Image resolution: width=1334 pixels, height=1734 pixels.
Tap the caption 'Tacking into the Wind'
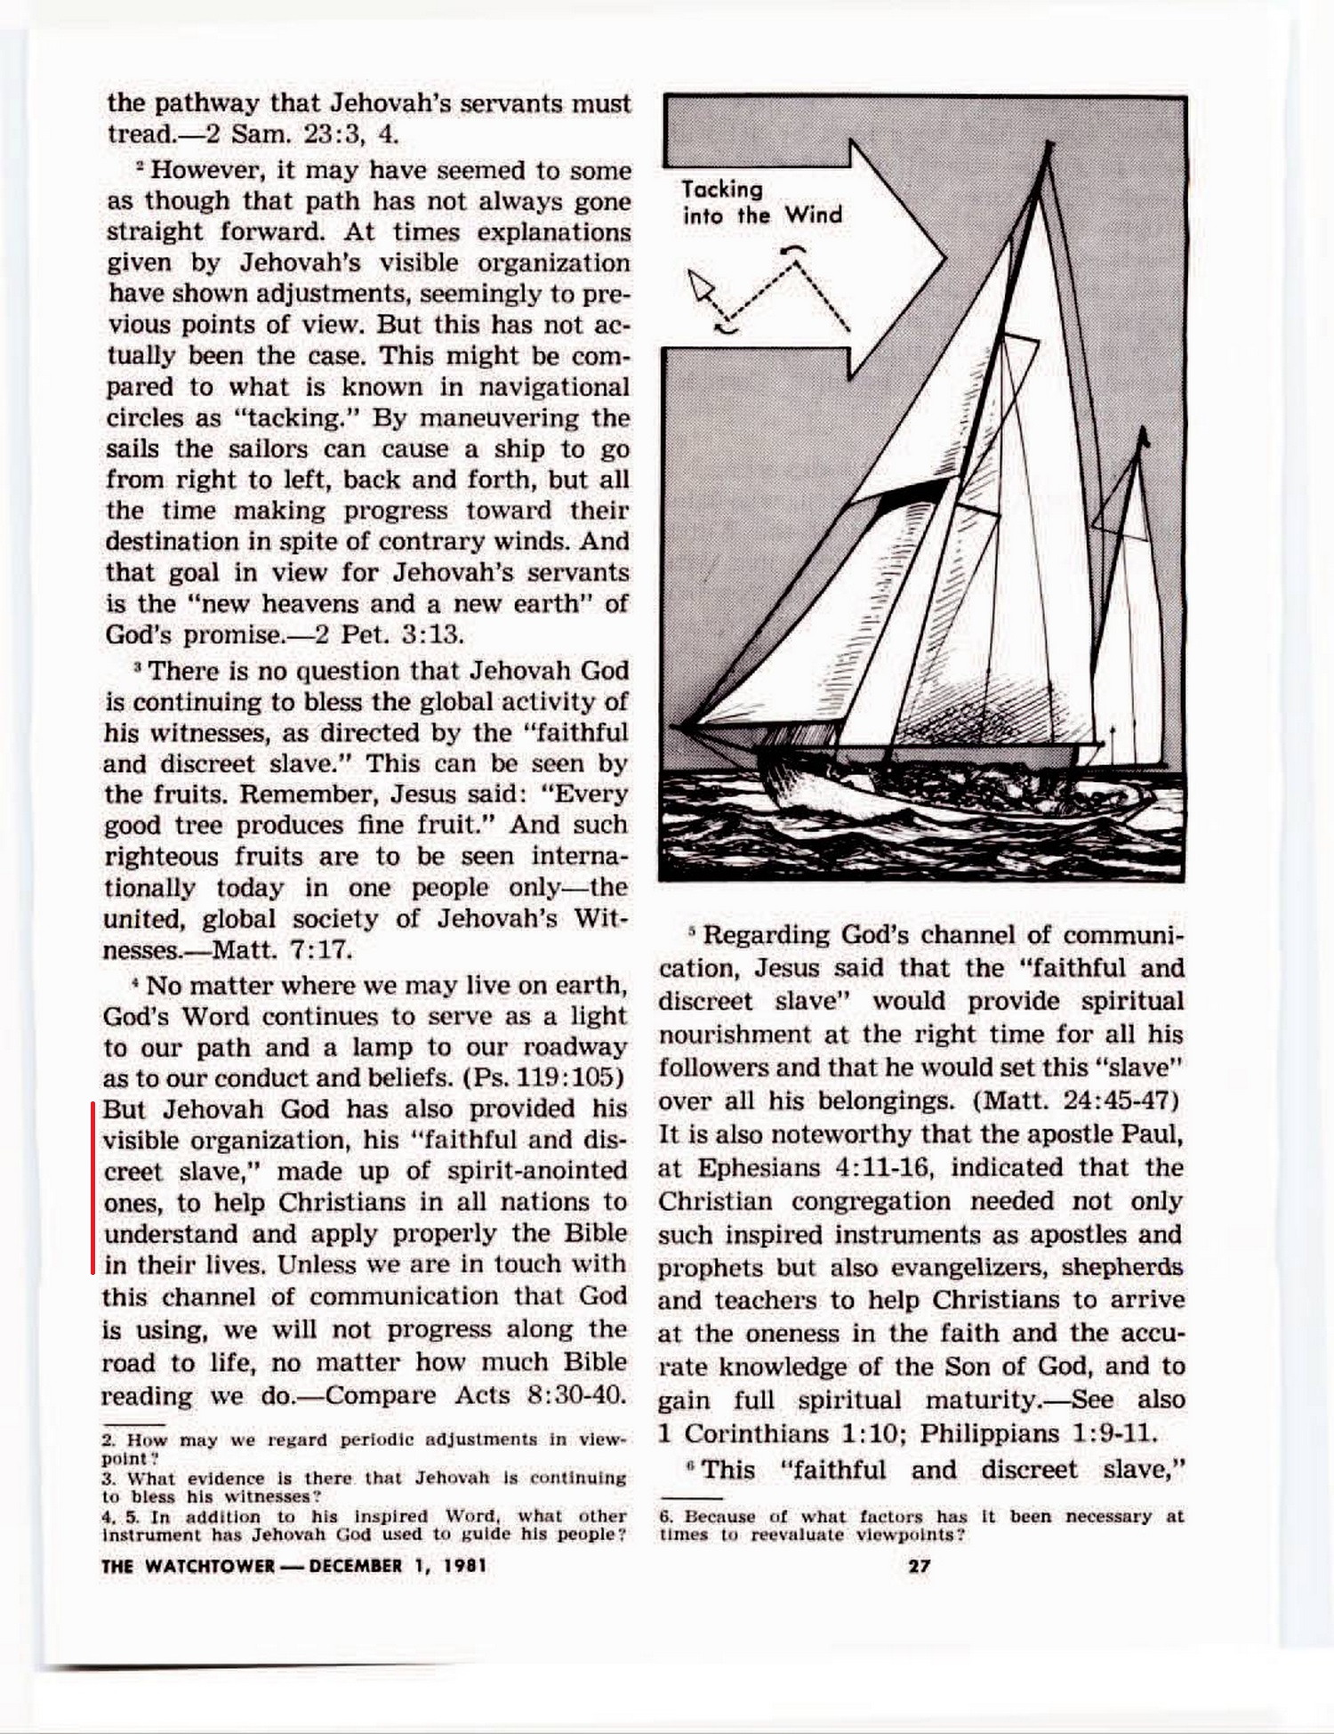tap(761, 203)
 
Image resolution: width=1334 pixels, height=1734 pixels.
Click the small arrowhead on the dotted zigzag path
tap(703, 285)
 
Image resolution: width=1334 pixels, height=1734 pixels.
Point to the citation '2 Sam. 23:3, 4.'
tap(302, 134)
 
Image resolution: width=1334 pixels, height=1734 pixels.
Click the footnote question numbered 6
tap(921, 1526)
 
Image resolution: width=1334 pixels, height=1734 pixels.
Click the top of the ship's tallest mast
tap(1050, 144)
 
